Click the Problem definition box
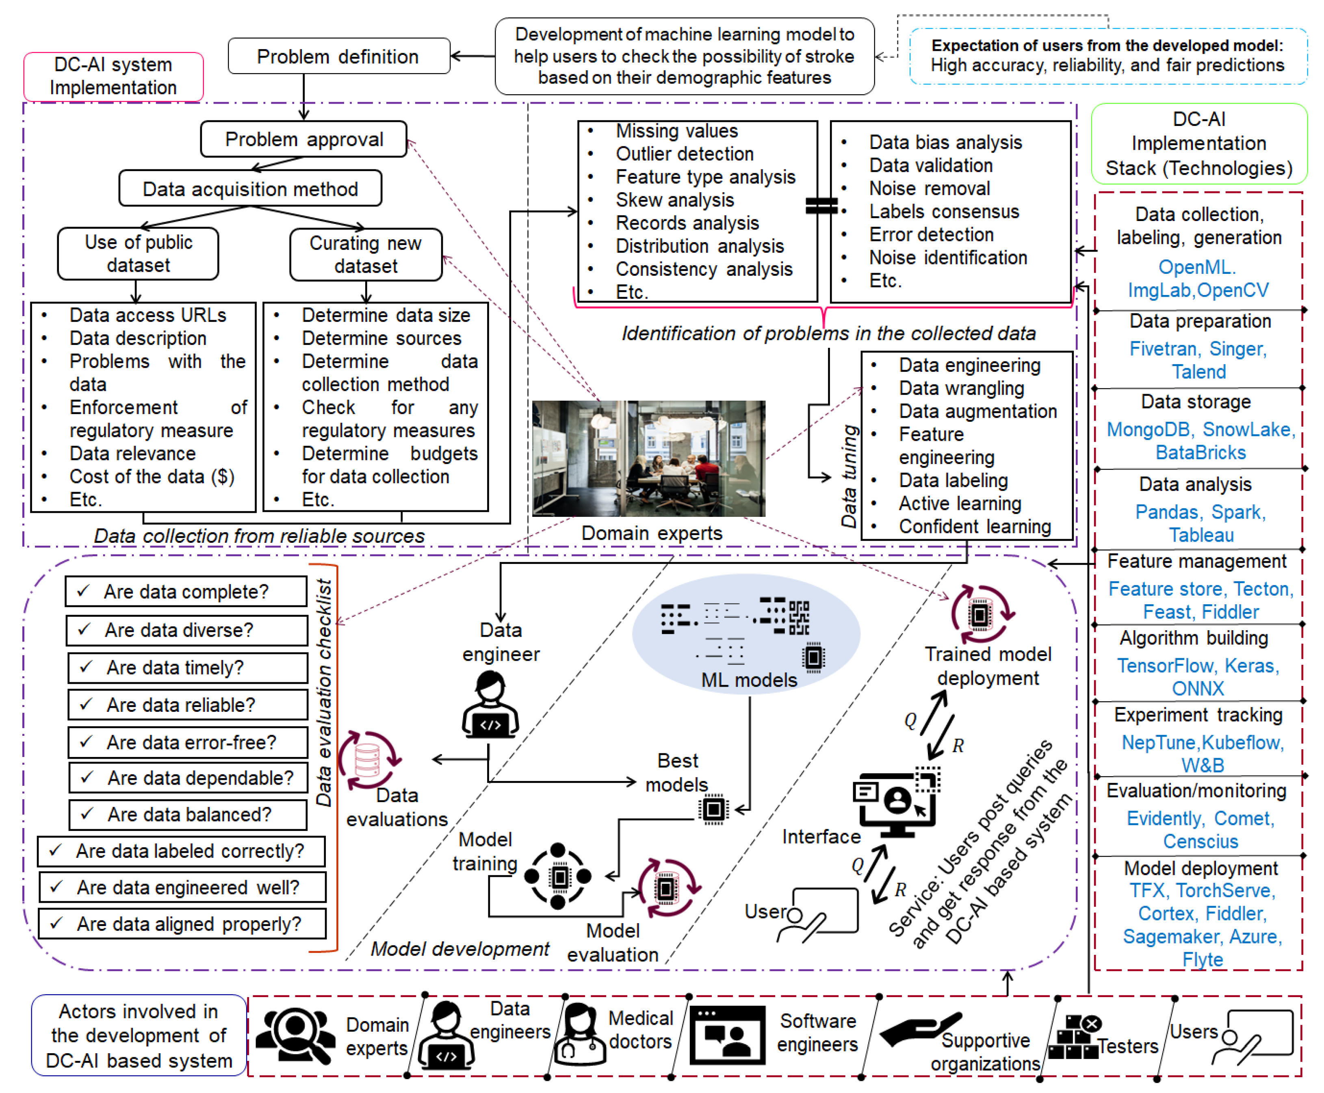(338, 56)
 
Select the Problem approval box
(303, 139)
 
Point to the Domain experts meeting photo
(648, 458)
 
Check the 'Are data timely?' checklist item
(187, 668)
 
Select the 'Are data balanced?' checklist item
(187, 814)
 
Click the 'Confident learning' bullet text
(974, 526)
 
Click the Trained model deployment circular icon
(980, 614)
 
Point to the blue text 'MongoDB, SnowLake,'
(1200, 429)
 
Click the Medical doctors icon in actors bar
(579, 1034)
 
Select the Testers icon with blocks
(1074, 1037)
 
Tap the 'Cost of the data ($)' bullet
(151, 477)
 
